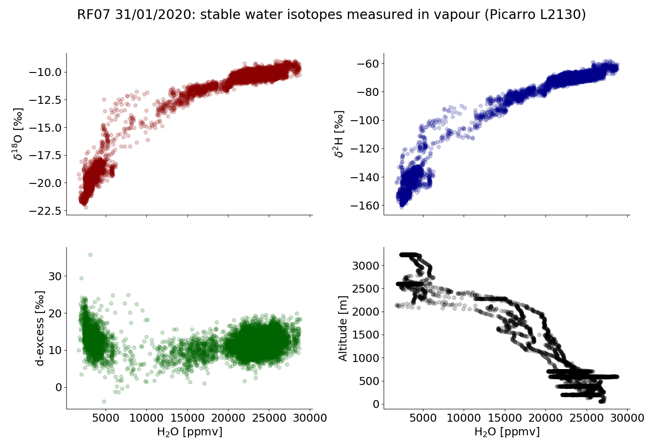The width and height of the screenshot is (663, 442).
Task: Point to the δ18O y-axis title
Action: [18, 134]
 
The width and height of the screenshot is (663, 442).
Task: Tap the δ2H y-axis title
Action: [339, 134]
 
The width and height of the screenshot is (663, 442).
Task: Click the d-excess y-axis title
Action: [40, 328]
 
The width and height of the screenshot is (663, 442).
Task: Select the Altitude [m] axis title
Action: [343, 328]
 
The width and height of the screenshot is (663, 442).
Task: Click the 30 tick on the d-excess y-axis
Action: [54, 276]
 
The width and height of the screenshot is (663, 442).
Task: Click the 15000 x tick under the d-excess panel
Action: [187, 418]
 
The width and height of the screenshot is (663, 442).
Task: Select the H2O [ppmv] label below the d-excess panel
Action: [190, 432]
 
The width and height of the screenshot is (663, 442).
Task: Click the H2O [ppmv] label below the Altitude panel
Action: [507, 432]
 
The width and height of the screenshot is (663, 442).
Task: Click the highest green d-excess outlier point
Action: [90, 255]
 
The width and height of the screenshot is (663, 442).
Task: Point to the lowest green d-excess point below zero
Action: [104, 401]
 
